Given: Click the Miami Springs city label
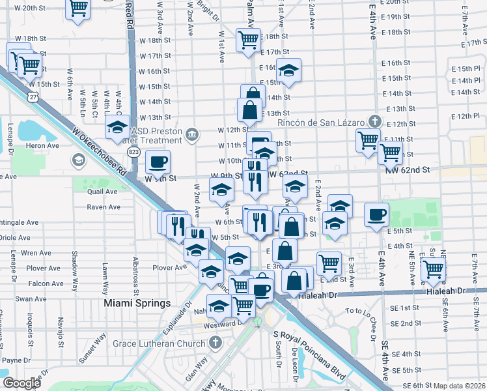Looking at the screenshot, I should point(137,304).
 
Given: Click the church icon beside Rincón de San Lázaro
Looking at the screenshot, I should point(375,121).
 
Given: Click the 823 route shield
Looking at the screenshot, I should point(133,152).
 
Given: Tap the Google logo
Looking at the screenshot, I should point(22,383).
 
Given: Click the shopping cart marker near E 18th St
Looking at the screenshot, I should point(248,40).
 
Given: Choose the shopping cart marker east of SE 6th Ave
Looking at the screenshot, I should point(433,268).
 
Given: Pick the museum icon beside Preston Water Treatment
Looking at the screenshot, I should point(191,135).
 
